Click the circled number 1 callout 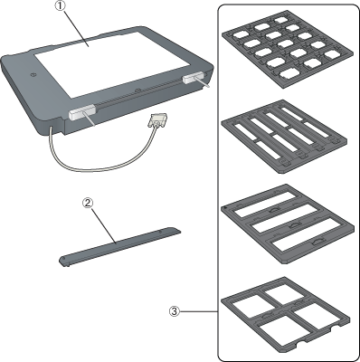61,7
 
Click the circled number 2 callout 88,203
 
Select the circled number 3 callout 174,311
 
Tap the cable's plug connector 156,119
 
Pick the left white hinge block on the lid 81,111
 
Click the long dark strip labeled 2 119,246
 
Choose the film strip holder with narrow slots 284,137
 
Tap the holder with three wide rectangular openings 288,224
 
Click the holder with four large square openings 286,319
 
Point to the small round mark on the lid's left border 33,74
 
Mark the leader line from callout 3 199,311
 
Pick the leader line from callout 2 102,224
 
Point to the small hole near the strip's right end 160,233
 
